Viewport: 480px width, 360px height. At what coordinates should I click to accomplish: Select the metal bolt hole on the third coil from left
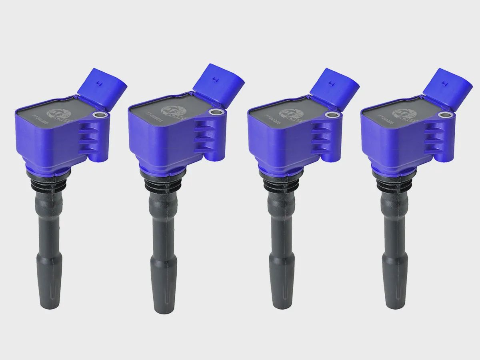[x=331, y=115]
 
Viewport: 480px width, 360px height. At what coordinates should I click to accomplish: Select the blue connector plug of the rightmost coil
[x=447, y=87]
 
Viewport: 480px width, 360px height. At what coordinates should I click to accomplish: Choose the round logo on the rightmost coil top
[x=400, y=113]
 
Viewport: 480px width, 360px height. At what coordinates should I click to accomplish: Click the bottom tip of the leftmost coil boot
[x=51, y=307]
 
